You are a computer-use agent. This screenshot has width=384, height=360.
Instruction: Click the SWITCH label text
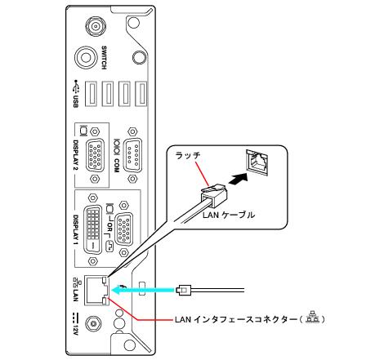click(104, 58)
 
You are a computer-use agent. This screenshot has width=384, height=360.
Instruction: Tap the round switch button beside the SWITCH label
click(86, 57)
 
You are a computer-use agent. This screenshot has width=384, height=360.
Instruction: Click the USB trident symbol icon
click(77, 87)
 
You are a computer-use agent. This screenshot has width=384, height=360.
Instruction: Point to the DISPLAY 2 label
click(76, 155)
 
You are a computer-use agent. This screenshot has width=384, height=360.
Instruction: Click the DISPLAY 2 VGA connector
click(95, 155)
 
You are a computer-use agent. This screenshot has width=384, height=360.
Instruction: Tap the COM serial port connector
click(132, 154)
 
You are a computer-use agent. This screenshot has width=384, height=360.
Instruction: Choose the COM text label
click(117, 166)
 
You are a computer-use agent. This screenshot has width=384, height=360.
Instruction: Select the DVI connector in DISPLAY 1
click(92, 230)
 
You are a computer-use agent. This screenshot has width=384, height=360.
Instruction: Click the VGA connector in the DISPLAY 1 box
click(124, 229)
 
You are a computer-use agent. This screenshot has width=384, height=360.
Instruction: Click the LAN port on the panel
click(96, 290)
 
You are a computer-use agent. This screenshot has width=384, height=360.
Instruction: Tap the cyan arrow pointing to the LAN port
click(143, 290)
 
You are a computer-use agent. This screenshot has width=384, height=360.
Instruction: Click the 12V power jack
click(93, 324)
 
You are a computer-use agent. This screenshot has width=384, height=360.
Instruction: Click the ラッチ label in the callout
click(189, 156)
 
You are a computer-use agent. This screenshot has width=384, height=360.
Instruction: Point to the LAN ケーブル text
click(229, 215)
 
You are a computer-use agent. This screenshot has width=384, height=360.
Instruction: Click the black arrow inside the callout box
click(239, 179)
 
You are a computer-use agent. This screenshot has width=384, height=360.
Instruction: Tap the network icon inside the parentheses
click(312, 318)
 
